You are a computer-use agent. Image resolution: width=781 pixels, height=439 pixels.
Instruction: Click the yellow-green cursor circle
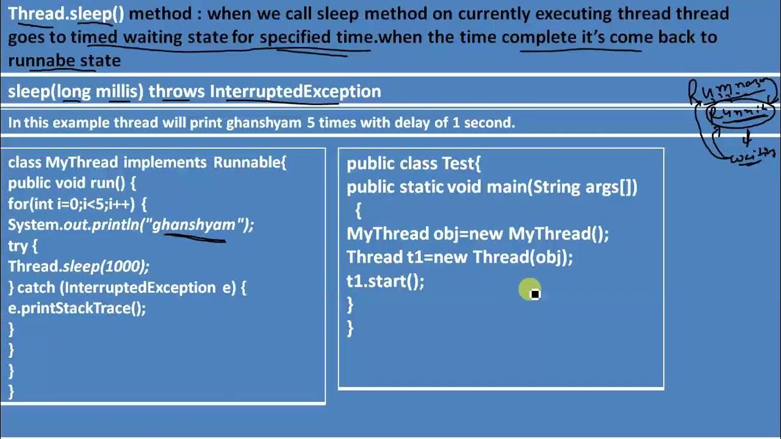529,290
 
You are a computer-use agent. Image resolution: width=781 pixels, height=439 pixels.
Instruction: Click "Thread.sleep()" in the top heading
66,13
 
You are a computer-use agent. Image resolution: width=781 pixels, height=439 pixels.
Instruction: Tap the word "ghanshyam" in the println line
193,224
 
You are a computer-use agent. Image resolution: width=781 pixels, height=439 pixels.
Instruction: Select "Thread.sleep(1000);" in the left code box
78,266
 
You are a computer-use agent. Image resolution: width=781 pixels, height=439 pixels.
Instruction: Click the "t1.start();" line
385,281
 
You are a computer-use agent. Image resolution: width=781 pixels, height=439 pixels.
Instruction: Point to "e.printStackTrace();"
77,308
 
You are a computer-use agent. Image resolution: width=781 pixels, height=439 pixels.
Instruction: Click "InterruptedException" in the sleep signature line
295,91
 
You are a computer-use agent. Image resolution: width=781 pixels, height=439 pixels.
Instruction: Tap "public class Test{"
414,163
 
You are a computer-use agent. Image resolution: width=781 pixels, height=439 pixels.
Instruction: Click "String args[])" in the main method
585,187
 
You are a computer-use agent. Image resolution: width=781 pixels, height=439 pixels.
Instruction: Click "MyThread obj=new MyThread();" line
478,234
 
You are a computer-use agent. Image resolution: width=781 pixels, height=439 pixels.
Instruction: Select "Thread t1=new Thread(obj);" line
459,257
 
